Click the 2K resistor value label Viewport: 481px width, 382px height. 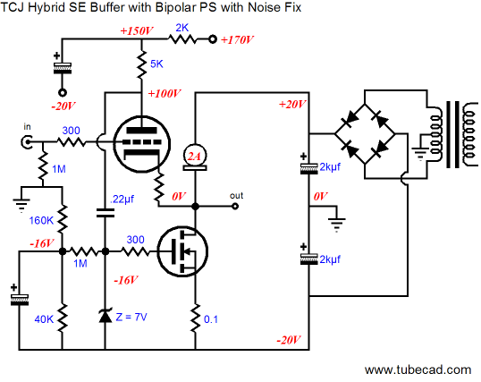[181, 28]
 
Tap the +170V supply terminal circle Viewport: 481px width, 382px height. [212, 39]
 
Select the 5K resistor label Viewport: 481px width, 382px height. [156, 64]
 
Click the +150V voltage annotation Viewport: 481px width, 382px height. [137, 31]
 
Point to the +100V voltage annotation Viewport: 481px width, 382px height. [165, 93]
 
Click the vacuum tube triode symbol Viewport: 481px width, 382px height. [141, 144]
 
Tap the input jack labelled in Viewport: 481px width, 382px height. [27, 142]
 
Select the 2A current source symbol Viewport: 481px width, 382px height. [195, 157]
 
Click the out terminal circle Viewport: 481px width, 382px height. [235, 207]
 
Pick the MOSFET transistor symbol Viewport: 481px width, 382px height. [182, 251]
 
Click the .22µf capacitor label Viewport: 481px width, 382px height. [122, 199]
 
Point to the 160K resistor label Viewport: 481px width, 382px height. [41, 220]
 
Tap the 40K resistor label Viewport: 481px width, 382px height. [44, 319]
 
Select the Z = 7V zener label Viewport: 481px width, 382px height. [131, 317]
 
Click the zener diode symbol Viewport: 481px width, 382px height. [105, 316]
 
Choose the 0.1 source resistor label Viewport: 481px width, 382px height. [211, 319]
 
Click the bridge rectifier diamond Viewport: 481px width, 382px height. [365, 134]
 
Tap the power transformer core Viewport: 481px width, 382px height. [452, 134]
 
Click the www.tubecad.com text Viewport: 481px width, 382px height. [418, 369]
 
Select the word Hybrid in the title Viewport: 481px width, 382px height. [46, 7]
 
